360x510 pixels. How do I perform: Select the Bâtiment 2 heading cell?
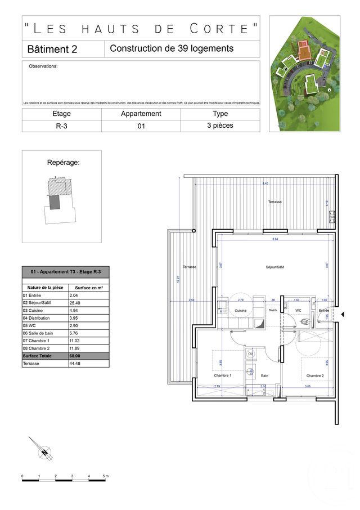52,49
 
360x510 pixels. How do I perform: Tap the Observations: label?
43,66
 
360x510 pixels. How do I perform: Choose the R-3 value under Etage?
61,126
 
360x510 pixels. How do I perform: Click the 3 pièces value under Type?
220,126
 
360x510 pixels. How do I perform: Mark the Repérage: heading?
63,163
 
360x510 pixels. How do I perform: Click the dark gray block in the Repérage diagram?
55,202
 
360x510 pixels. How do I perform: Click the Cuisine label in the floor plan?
241,311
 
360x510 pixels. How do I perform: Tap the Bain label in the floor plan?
264,375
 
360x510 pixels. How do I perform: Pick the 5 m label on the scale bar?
105,476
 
